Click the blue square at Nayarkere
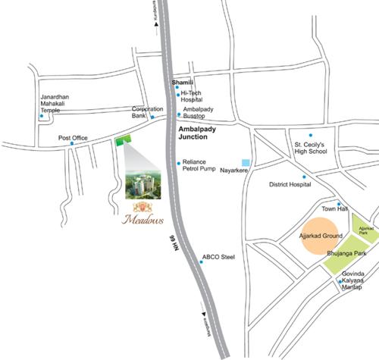pos(245,162)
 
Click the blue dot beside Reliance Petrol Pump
pos(178,163)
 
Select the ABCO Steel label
pos(218,258)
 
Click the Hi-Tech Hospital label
pos(196,96)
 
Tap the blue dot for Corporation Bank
pos(152,117)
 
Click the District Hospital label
pos(290,184)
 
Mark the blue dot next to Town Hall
pos(328,205)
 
